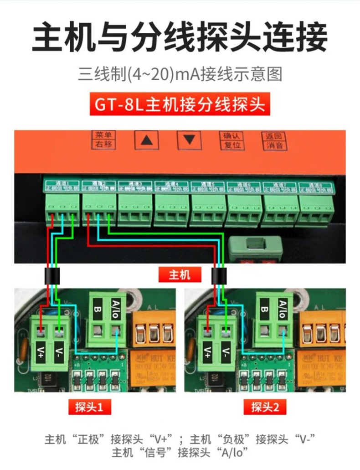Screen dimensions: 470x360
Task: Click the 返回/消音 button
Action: pos(274,140)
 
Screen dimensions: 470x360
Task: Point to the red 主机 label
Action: pos(180,275)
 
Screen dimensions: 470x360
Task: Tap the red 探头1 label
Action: pos(90,407)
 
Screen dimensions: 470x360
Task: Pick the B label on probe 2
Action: pos(264,310)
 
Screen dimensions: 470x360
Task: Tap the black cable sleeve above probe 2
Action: pos(219,276)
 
